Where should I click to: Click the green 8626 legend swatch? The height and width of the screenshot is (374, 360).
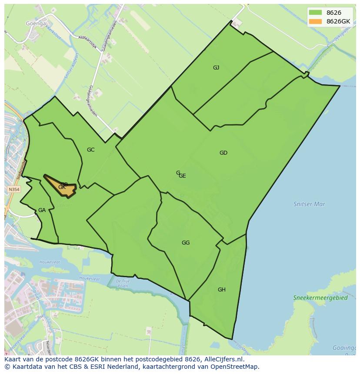(315, 13)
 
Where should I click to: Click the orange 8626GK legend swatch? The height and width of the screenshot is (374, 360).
(315, 21)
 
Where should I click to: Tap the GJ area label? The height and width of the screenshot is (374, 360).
(216, 67)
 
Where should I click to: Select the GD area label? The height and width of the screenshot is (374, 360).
(223, 153)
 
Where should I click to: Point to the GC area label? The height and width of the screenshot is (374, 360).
(90, 150)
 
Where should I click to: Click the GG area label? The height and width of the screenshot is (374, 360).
(186, 243)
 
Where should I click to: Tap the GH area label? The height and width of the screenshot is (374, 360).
(222, 290)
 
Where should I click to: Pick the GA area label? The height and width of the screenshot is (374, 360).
(42, 210)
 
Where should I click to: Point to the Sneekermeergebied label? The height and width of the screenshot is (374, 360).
(320, 298)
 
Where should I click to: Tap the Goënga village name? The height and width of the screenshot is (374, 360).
(36, 24)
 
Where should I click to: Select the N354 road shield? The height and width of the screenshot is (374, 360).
(13, 190)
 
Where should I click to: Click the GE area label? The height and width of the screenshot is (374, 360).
(182, 176)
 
